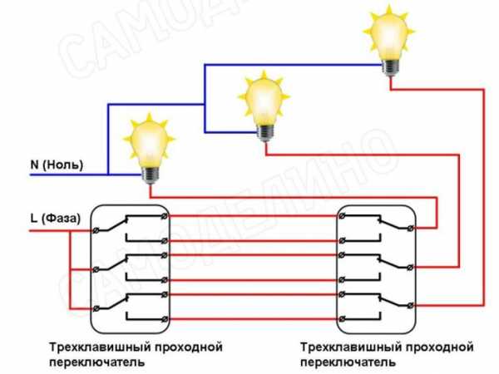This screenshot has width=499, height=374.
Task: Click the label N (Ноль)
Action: pyautogui.click(x=57, y=165)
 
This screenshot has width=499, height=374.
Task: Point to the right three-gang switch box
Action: pyautogui.click(x=375, y=266)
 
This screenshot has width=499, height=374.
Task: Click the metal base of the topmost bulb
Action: pyautogui.click(x=389, y=66)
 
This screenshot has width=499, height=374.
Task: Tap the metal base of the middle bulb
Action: pyautogui.click(x=264, y=130)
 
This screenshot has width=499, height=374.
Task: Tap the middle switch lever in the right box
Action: pyautogui.click(x=382, y=260)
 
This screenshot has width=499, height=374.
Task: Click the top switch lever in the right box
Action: pyautogui.click(x=382, y=221)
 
